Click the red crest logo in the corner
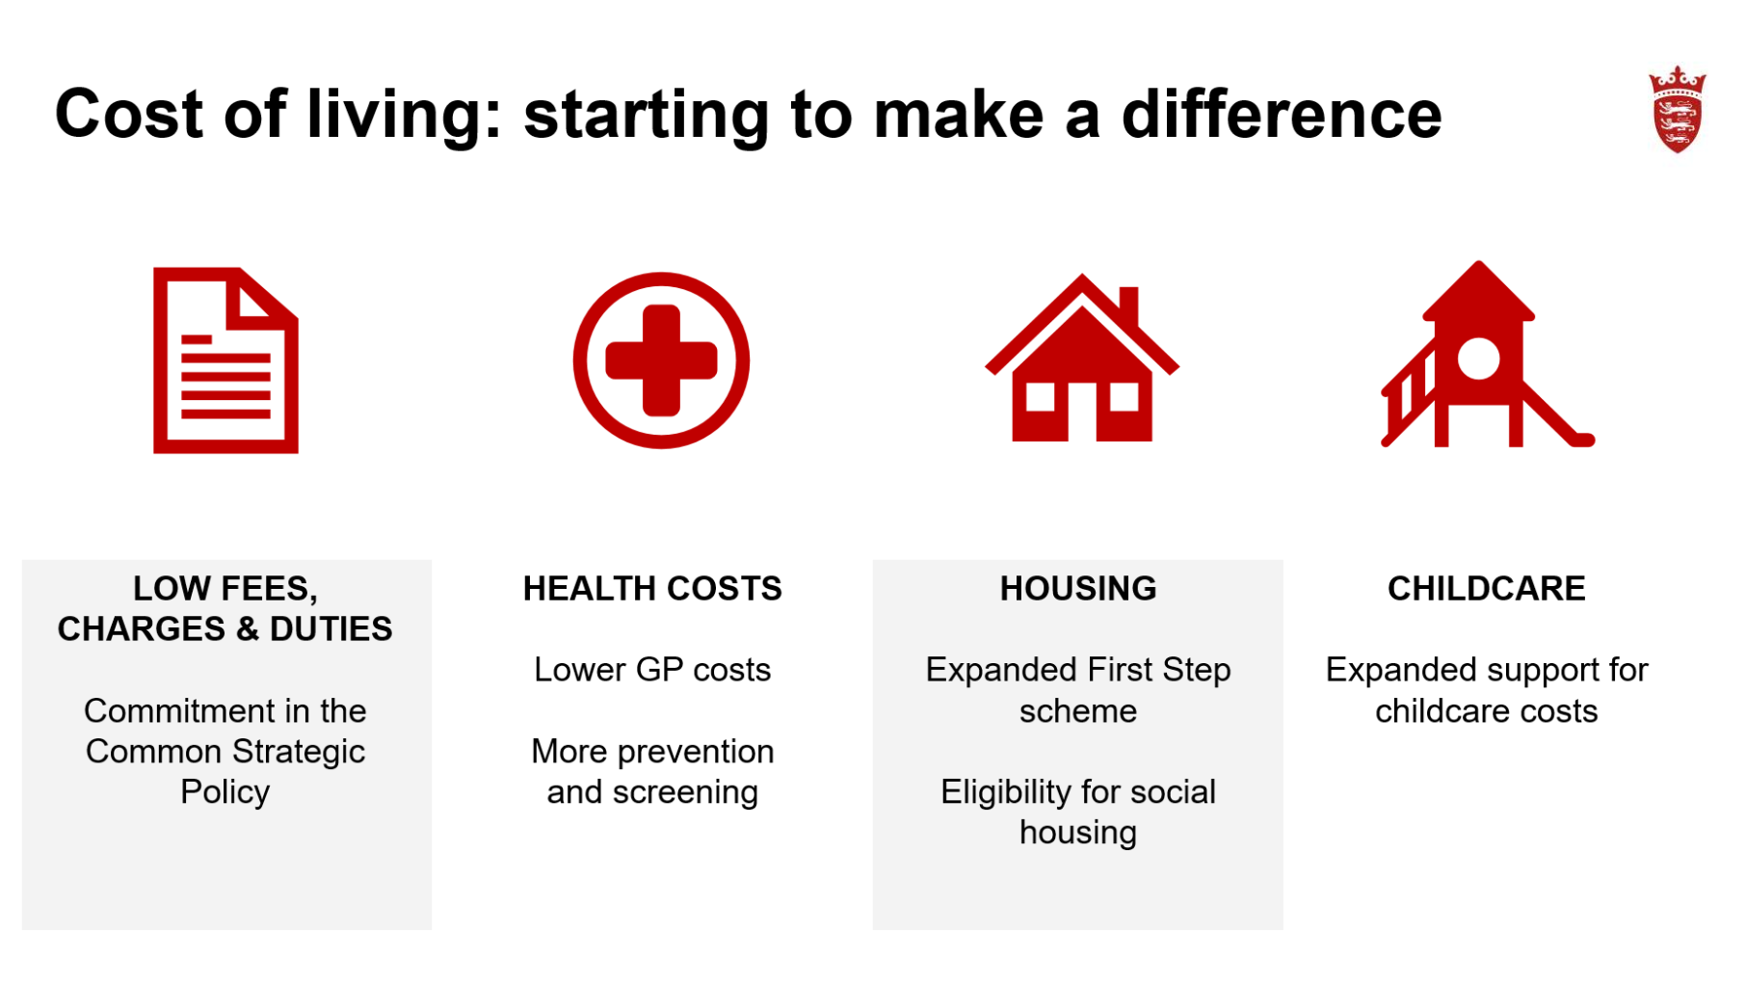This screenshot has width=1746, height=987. [x=1677, y=110]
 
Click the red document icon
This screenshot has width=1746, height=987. [x=225, y=360]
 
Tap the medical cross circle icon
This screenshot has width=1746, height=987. [x=661, y=360]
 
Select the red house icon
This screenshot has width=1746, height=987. [x=1082, y=358]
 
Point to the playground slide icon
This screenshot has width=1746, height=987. [x=1487, y=354]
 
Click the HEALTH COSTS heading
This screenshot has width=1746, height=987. [x=652, y=588]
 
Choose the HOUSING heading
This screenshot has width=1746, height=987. [x=1078, y=588]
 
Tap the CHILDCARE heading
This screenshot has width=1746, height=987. [x=1487, y=588]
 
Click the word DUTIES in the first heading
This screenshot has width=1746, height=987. [x=331, y=628]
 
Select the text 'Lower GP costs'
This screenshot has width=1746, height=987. [x=652, y=669]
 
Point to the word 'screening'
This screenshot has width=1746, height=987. [x=685, y=792]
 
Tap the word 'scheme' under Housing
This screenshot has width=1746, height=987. [x=1078, y=711]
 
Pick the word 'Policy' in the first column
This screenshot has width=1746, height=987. [x=225, y=792]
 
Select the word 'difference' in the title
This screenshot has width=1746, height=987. [x=1282, y=114]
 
